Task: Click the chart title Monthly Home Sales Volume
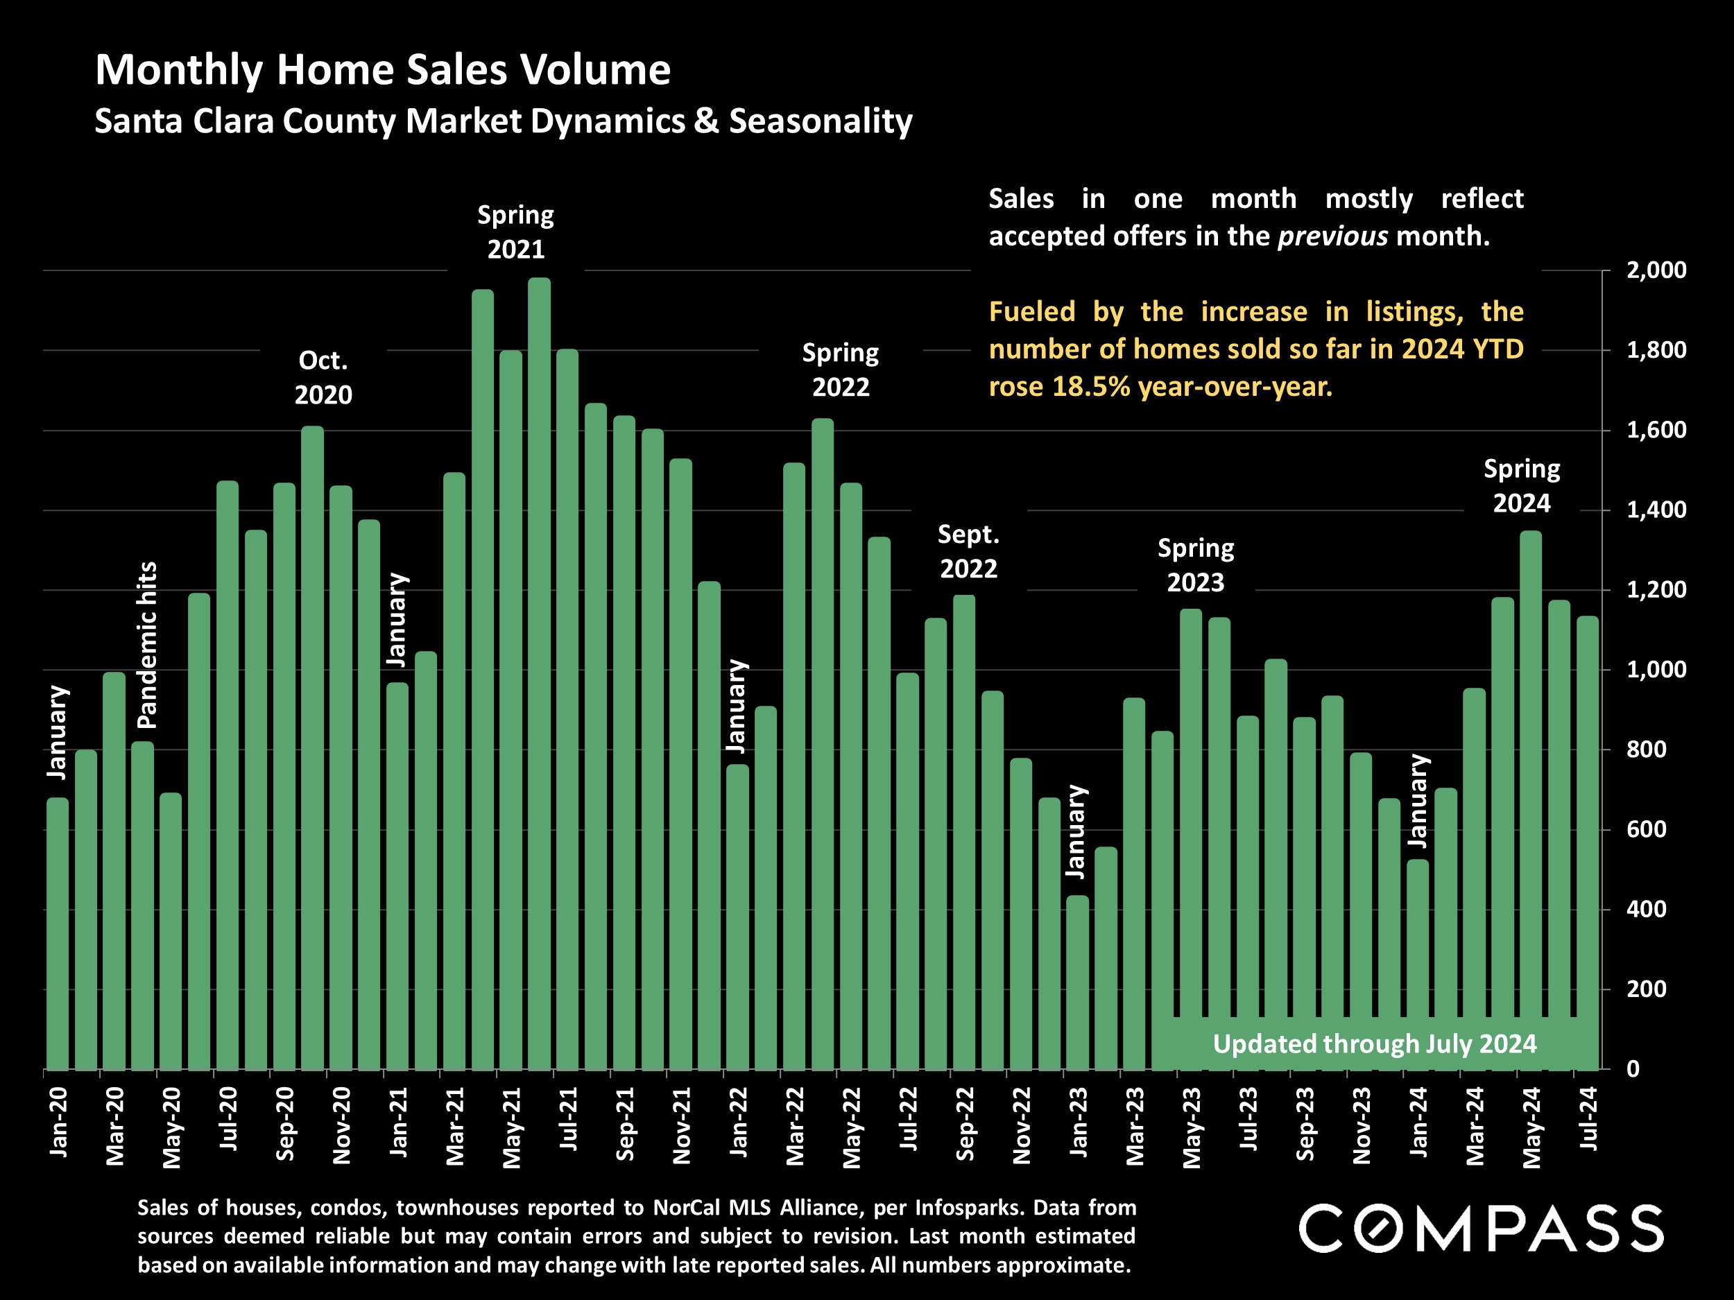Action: pos(383,70)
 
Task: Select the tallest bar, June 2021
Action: pos(538,674)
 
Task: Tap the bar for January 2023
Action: pos(1077,983)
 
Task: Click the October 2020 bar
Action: pos(312,748)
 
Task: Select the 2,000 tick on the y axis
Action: pos(1656,270)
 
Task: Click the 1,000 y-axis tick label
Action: pos(1656,670)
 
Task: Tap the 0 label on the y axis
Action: pos(1633,1070)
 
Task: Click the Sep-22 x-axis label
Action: pos(965,1124)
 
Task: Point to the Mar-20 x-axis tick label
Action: pos(114,1126)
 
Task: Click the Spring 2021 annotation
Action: pos(516,232)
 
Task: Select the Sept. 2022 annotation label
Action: pos(968,552)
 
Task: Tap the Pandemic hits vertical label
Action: pos(147,645)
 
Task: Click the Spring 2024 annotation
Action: pos(1521,486)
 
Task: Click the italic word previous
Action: pos(1332,236)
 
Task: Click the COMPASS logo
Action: pos(1480,1229)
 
